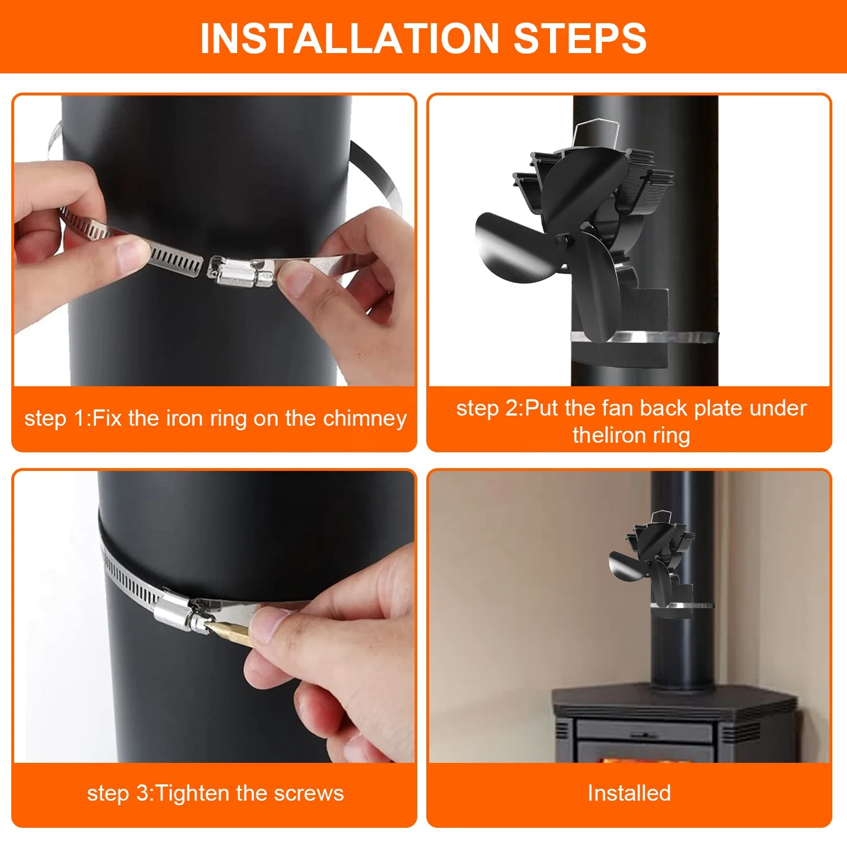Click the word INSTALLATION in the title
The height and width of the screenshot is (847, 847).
[x=350, y=38]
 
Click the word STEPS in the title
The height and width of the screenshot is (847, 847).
[x=580, y=38]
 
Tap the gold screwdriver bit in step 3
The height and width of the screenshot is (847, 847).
[x=229, y=632]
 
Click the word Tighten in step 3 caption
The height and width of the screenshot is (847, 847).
[x=194, y=793]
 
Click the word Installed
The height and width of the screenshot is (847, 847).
[x=629, y=793]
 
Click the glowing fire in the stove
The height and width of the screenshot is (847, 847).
[x=644, y=760]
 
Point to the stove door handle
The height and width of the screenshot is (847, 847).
[x=644, y=735]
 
